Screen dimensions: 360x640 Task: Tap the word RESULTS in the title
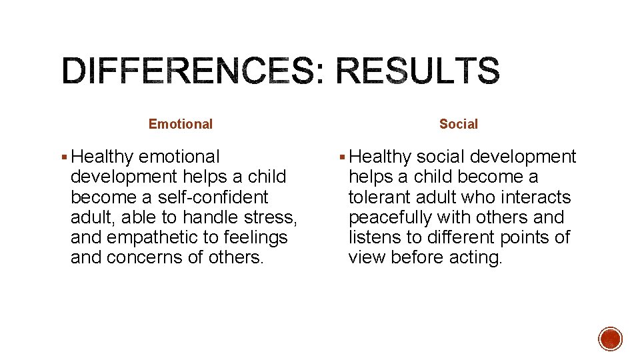tap(417, 71)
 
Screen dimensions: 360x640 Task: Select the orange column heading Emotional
tap(181, 124)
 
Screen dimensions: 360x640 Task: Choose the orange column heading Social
tap(459, 124)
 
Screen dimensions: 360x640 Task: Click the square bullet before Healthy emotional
tap(63, 157)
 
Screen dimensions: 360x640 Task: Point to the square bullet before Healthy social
tap(342, 157)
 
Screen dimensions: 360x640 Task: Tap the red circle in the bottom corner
tap(610, 339)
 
